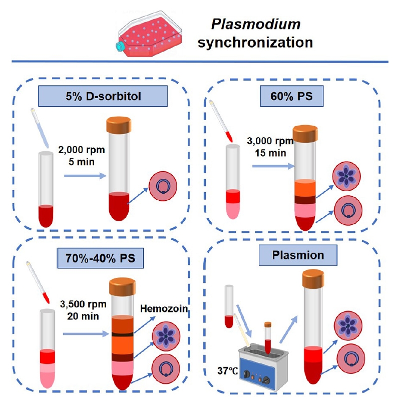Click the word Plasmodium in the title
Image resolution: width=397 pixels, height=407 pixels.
(256, 25)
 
